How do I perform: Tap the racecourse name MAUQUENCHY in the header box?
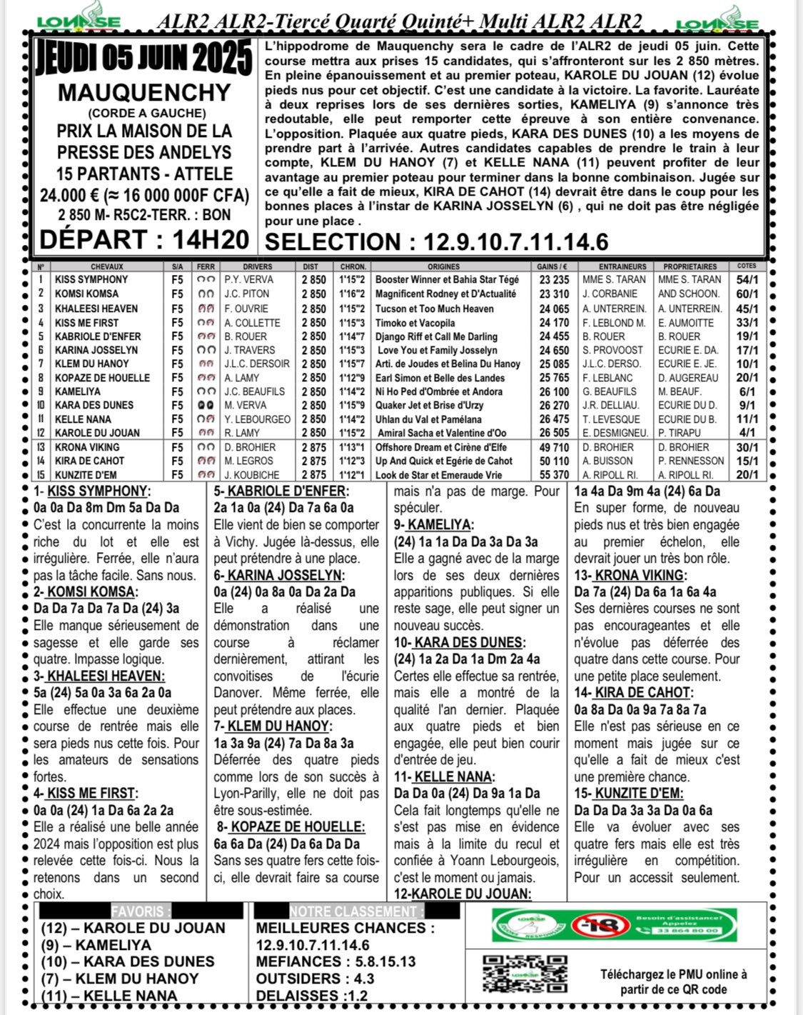pyautogui.click(x=144, y=93)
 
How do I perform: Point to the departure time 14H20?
pyautogui.click(x=211, y=239)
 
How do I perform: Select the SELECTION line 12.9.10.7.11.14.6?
pyautogui.click(x=437, y=241)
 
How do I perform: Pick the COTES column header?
pyautogui.click(x=747, y=266)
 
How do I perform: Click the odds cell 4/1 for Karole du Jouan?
pyautogui.click(x=747, y=433)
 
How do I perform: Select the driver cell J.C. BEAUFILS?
pyautogui.click(x=254, y=391)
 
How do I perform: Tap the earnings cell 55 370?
pyautogui.click(x=554, y=475)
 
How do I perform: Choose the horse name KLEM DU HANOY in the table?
pyautogui.click(x=92, y=364)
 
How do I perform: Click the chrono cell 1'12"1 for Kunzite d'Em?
pyautogui.click(x=353, y=475)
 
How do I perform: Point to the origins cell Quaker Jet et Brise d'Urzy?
pyautogui.click(x=429, y=405)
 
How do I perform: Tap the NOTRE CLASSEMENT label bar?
pyautogui.click(x=357, y=911)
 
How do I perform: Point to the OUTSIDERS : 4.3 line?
pyautogui.click(x=315, y=979)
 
